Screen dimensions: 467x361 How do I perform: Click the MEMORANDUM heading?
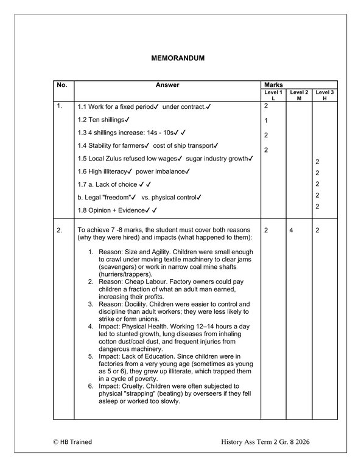[177, 58]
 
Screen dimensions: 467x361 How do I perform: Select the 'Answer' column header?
[167, 85]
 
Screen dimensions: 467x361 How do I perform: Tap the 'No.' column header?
[61, 85]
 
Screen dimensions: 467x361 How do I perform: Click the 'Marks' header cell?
[272, 85]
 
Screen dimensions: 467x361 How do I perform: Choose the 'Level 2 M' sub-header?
[299, 95]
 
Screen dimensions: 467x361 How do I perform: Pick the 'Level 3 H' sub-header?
[324, 95]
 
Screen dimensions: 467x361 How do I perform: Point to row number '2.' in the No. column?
[60, 231]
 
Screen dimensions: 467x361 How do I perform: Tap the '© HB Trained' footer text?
[72, 441]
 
